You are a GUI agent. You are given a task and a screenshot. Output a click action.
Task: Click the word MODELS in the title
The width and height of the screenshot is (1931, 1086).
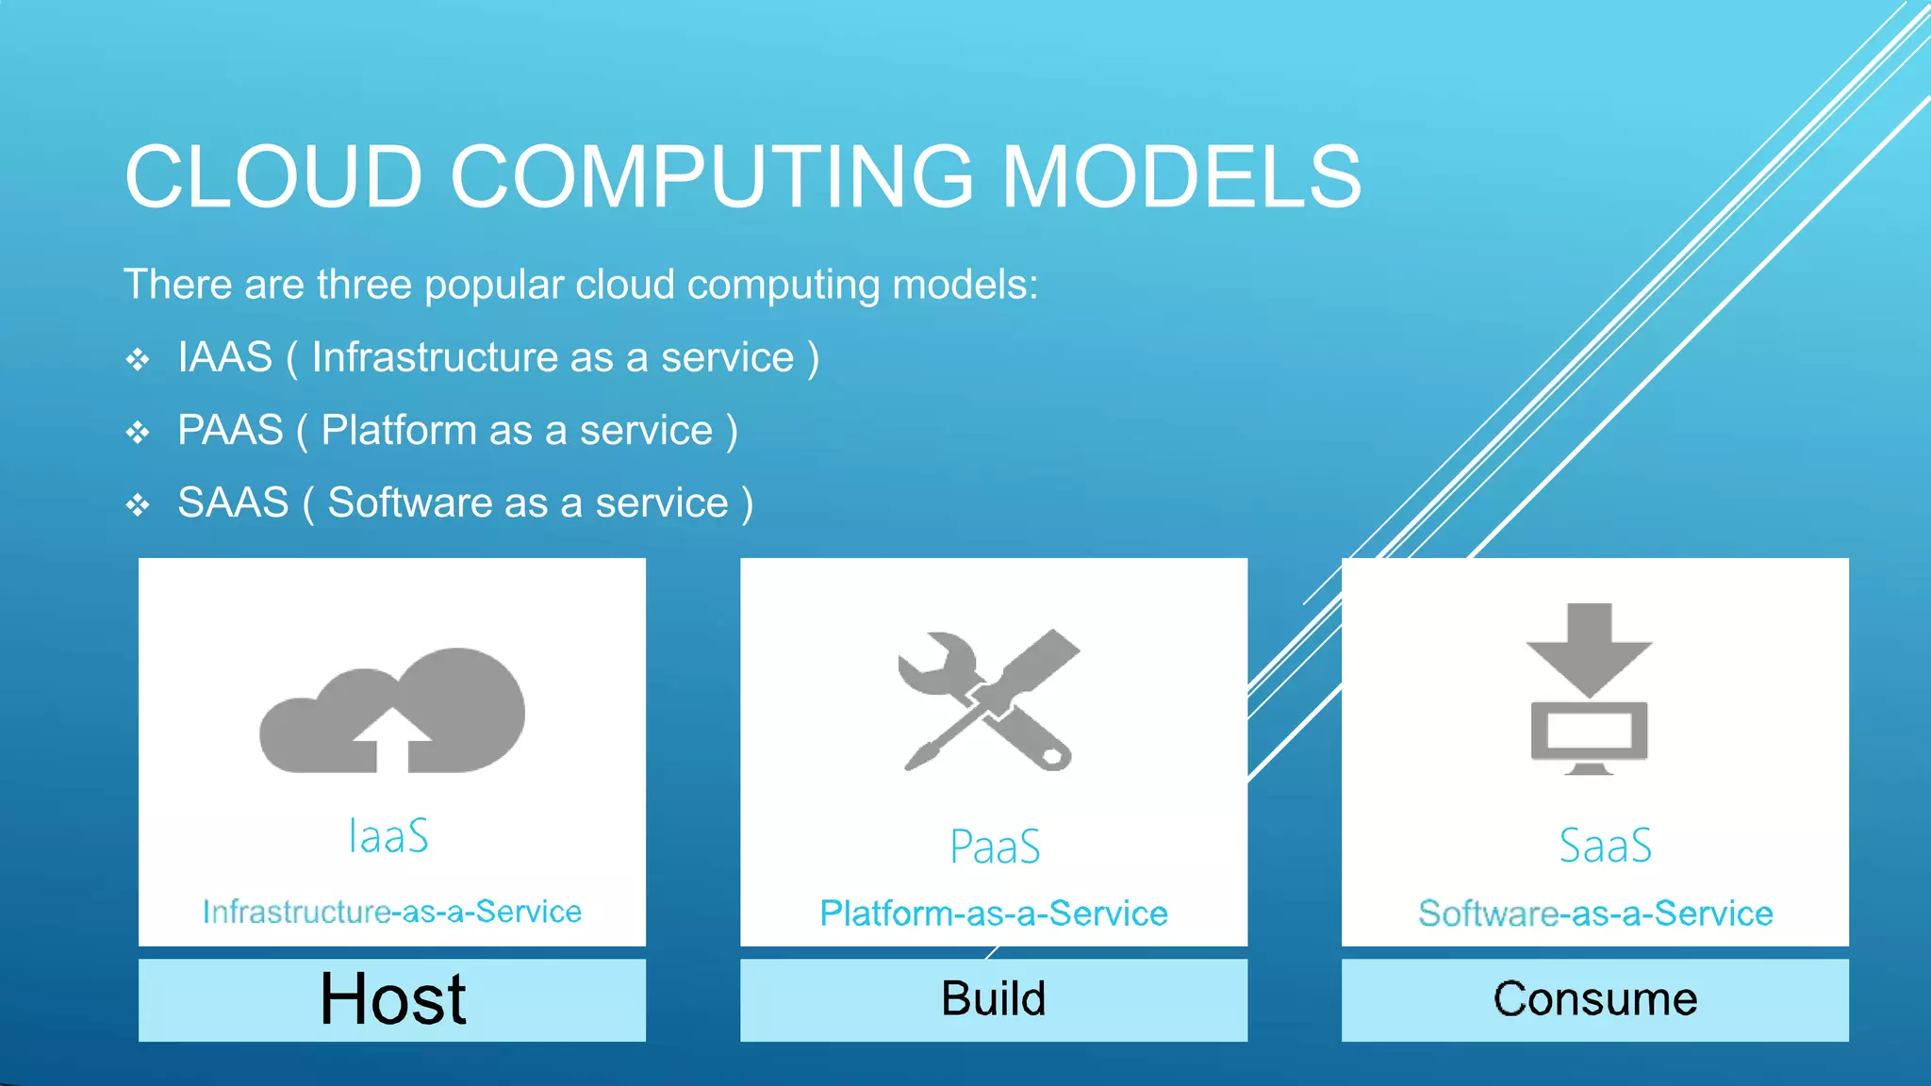pyautogui.click(x=1180, y=177)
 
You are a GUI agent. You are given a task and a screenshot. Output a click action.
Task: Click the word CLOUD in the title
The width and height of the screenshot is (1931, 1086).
pyautogui.click(x=273, y=177)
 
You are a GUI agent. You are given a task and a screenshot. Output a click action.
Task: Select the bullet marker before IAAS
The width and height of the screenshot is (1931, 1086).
pyautogui.click(x=138, y=359)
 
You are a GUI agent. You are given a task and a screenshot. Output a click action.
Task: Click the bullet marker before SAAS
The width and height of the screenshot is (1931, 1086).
pyautogui.click(x=138, y=505)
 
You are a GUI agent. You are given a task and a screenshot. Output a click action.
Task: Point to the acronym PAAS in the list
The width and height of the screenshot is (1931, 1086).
pyautogui.click(x=230, y=431)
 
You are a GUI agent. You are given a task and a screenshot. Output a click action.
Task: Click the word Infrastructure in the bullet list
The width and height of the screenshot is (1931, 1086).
pyautogui.click(x=435, y=358)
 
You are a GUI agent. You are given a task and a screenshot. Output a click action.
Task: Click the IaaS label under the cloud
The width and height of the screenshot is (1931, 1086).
pyautogui.click(x=388, y=836)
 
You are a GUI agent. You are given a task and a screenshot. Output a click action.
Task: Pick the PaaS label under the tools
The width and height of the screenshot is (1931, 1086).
pyautogui.click(x=995, y=846)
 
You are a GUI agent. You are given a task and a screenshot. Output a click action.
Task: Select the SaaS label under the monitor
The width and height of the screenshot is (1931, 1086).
pyautogui.click(x=1605, y=845)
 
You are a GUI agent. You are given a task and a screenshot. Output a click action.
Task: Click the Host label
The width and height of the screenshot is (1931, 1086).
pyautogui.click(x=392, y=999)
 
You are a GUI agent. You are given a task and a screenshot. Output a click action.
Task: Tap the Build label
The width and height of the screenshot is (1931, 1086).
pyautogui.click(x=994, y=999)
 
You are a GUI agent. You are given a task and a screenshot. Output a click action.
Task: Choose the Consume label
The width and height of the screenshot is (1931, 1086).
pyautogui.click(x=1595, y=999)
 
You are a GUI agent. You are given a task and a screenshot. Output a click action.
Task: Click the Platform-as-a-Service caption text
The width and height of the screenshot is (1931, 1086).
pyautogui.click(x=994, y=913)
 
